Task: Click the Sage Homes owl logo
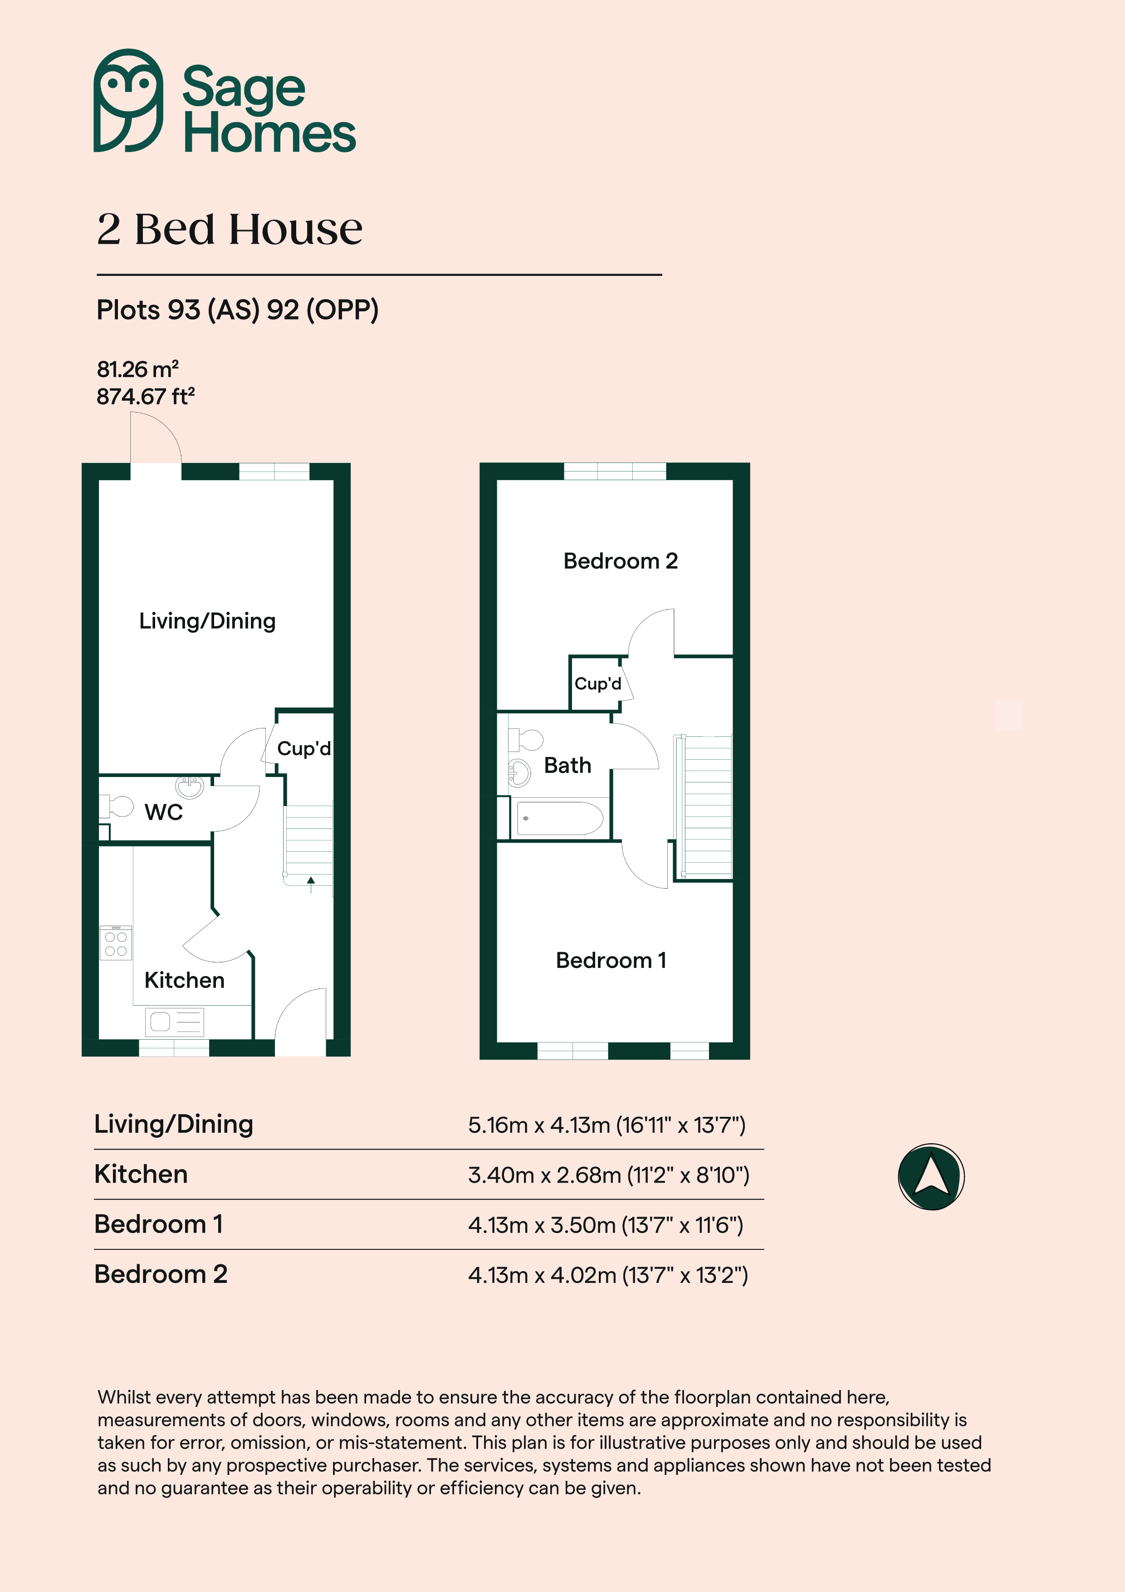coord(129,101)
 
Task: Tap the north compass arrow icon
coord(931,1177)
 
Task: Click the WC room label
coord(164,812)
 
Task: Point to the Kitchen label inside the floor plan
coord(184,980)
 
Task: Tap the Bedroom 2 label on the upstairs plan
coord(621,561)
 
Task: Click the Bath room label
coord(567,766)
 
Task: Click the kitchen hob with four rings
coord(116,942)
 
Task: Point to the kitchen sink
coord(175,1022)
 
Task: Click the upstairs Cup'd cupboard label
coord(597,683)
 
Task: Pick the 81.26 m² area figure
coord(138,369)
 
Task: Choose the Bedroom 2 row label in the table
coord(161,1274)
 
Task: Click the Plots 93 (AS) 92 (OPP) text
coord(238,310)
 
